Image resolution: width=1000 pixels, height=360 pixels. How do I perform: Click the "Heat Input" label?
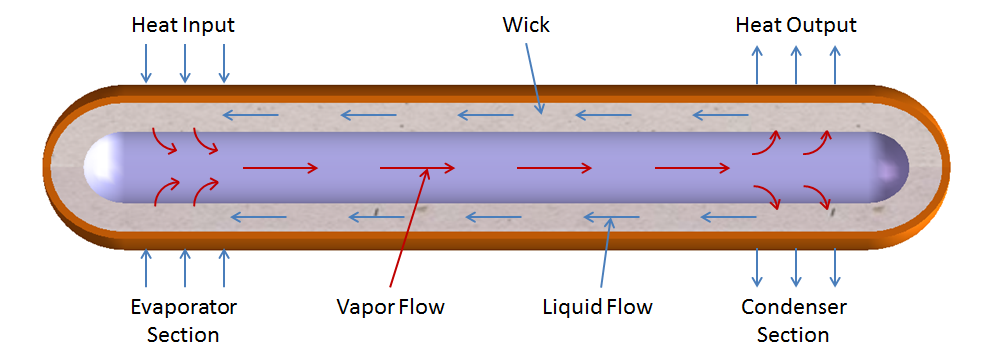click(183, 24)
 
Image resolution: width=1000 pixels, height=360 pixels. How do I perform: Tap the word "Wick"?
click(525, 24)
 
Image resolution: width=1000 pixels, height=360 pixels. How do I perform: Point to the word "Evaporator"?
click(183, 306)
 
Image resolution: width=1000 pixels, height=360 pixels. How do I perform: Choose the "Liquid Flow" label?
click(598, 306)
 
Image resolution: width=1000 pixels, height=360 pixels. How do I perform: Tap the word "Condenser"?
click(794, 306)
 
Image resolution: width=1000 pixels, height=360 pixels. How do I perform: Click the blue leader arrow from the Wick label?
click(533, 74)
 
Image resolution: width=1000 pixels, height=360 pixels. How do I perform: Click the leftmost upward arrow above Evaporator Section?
click(146, 268)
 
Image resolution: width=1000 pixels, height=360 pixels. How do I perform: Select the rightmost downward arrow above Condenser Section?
click(835, 268)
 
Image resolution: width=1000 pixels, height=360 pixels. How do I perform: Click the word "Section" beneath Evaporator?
click(183, 335)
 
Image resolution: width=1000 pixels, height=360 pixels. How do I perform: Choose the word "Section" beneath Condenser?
click(794, 335)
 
